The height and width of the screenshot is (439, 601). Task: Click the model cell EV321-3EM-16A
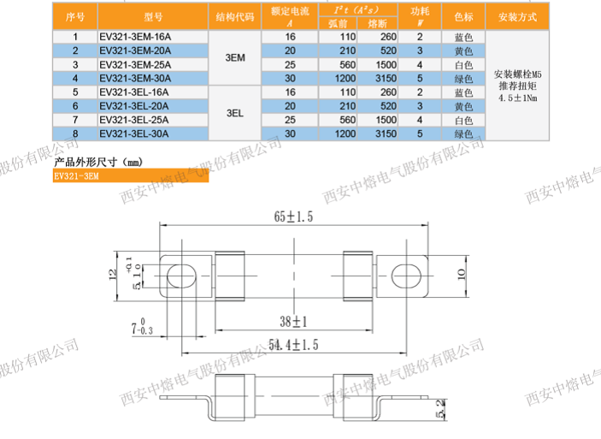click(x=134, y=37)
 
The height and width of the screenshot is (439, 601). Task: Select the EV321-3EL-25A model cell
click(x=134, y=122)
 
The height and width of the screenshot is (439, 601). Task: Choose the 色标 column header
click(x=463, y=15)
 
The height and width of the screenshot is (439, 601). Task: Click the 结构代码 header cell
click(x=237, y=15)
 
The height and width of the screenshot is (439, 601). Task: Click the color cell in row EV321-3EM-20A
click(x=463, y=50)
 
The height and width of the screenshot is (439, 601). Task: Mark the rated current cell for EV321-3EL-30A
click(x=289, y=134)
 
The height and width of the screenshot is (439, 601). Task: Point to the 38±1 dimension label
click(x=292, y=321)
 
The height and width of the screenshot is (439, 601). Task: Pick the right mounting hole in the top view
click(x=407, y=276)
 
